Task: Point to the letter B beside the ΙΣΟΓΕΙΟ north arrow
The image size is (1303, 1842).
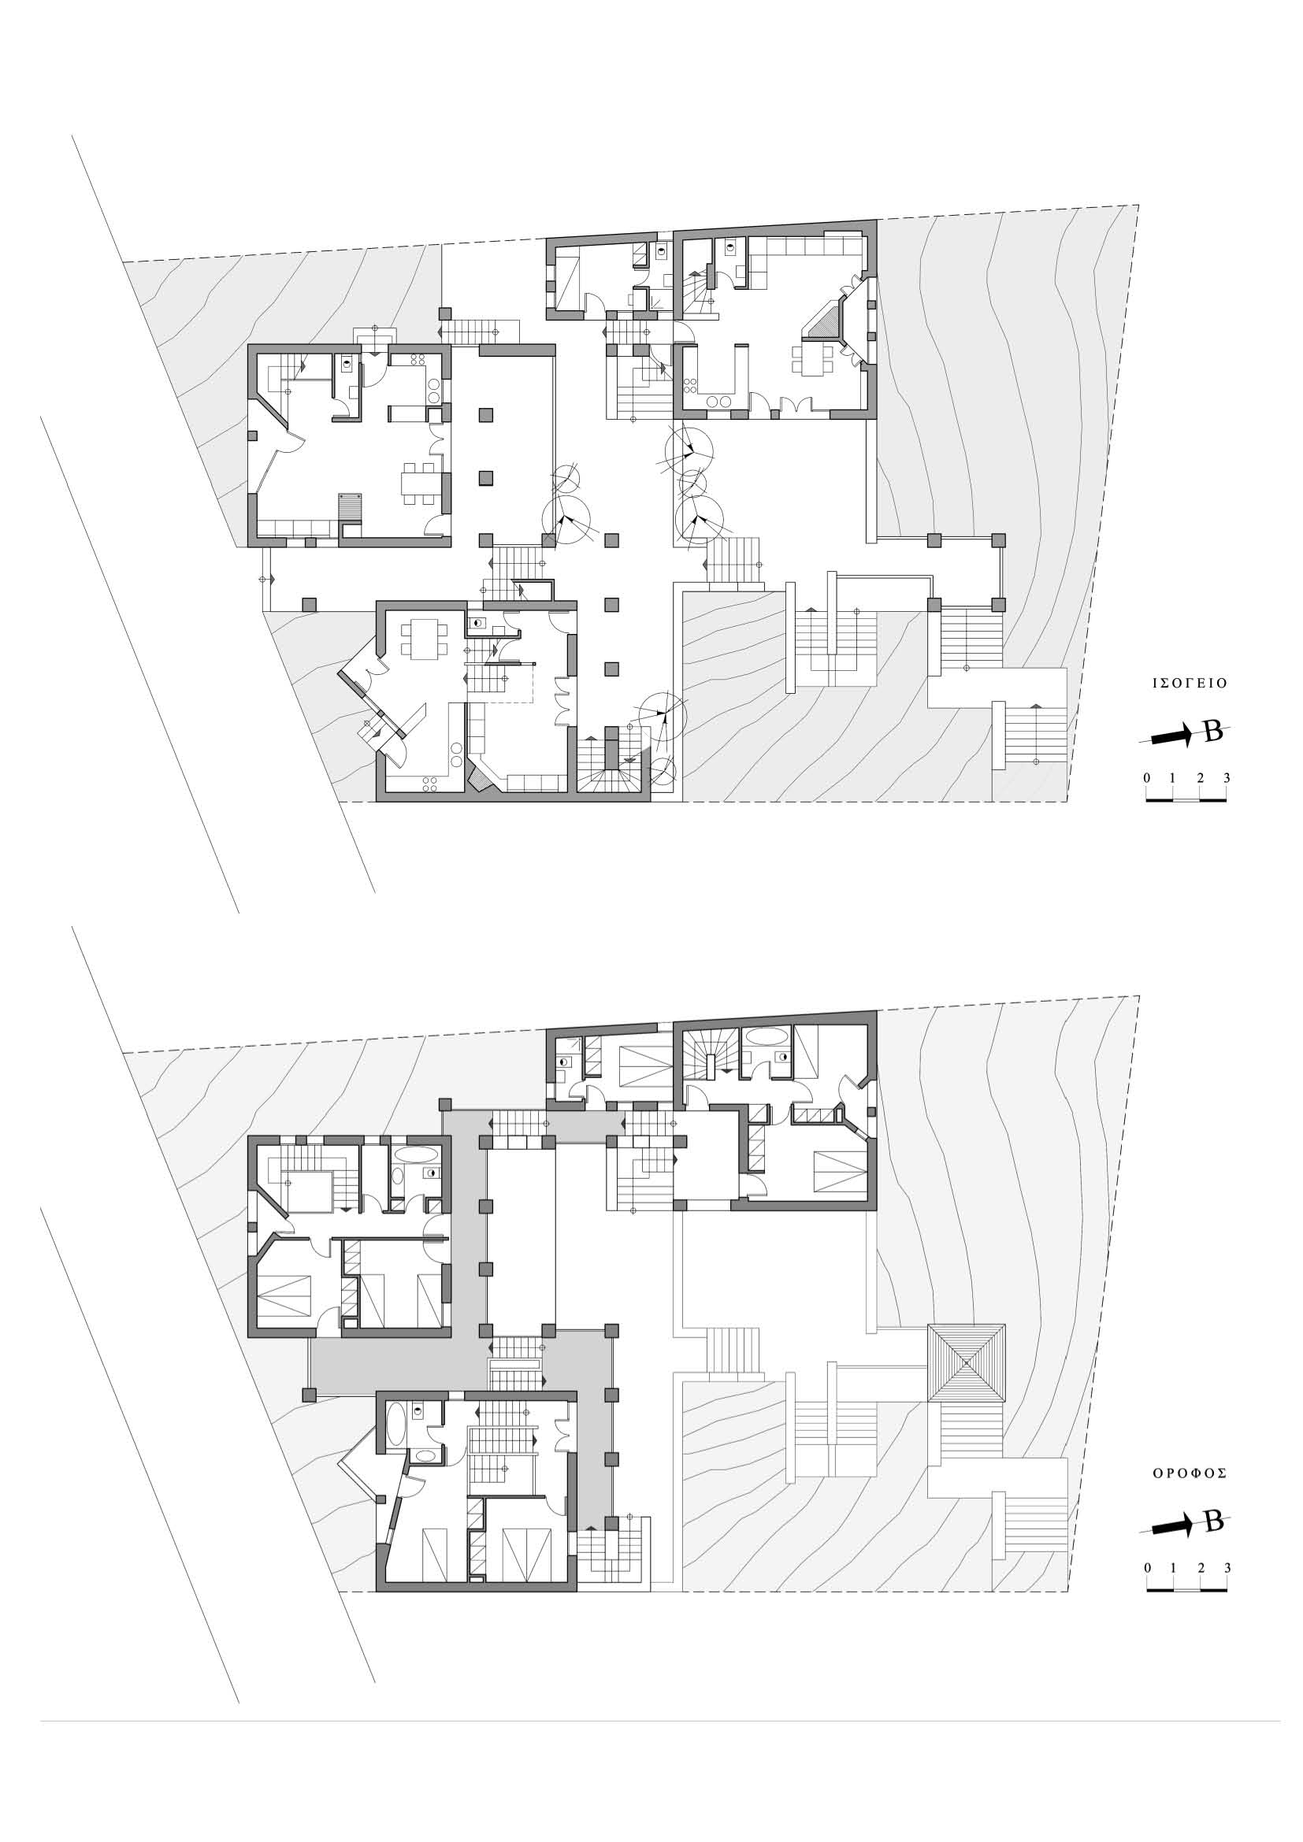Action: [1214, 732]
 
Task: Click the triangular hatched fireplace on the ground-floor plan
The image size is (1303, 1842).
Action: [820, 321]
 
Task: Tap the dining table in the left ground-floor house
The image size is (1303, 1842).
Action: [420, 483]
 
